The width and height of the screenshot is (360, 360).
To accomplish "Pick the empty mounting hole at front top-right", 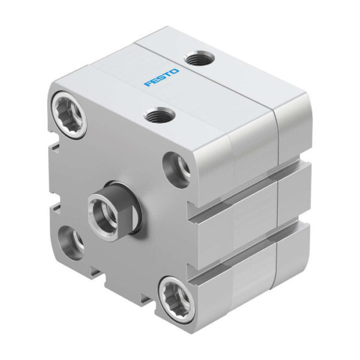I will click(177, 168).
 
